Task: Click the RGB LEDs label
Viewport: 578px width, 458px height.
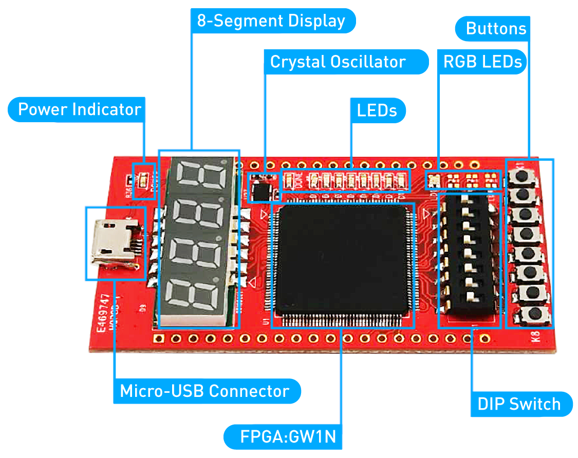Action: (x=482, y=62)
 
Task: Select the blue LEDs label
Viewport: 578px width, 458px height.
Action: (x=378, y=111)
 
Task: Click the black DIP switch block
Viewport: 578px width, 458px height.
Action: (x=469, y=254)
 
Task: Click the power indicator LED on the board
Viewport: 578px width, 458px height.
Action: (x=143, y=180)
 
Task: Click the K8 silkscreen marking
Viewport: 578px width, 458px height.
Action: (x=535, y=337)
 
